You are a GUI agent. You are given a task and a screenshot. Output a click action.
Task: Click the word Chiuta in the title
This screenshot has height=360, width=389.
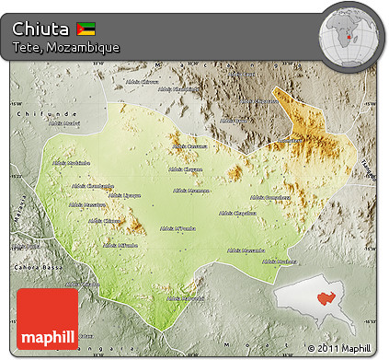coord(41,27)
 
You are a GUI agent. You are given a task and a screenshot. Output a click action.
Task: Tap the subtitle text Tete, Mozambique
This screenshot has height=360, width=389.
coord(65,46)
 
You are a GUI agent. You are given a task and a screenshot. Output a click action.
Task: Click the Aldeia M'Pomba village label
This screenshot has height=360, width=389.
coord(178,227)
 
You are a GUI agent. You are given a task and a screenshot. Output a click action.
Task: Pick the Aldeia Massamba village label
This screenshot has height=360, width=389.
coord(247,250)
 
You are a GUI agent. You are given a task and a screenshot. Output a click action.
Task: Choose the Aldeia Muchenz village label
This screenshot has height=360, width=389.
coord(280,261)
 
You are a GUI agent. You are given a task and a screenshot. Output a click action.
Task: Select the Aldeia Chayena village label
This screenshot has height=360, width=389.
coord(186,169)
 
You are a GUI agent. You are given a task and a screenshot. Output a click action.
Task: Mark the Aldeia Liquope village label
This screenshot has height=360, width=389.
coord(125,195)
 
